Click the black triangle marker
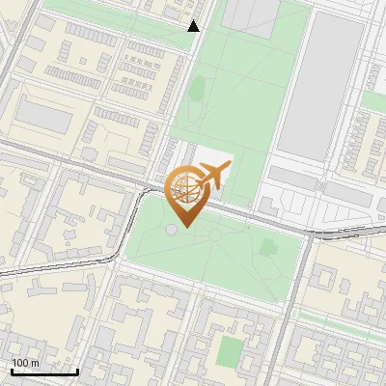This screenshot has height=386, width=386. click(x=194, y=26)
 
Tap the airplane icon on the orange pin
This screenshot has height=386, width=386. click(x=214, y=176)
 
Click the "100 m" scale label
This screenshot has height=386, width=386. click(x=25, y=363)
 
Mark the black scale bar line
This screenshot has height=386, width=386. click(x=43, y=372)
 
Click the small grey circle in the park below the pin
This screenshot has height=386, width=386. click(x=171, y=230)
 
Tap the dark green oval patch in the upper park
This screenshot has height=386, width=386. click(x=197, y=91)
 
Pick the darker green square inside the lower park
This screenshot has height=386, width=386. click(x=270, y=250)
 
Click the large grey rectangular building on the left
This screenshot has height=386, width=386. click(x=43, y=117)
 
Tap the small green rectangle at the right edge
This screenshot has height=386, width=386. click(x=374, y=100)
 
